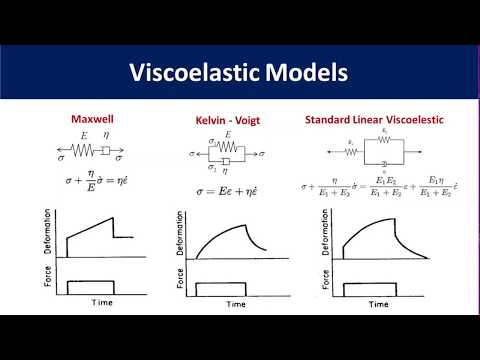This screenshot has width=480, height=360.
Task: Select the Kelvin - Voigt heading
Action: coord(230,121)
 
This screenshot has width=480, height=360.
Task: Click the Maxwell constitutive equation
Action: coord(91,177)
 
